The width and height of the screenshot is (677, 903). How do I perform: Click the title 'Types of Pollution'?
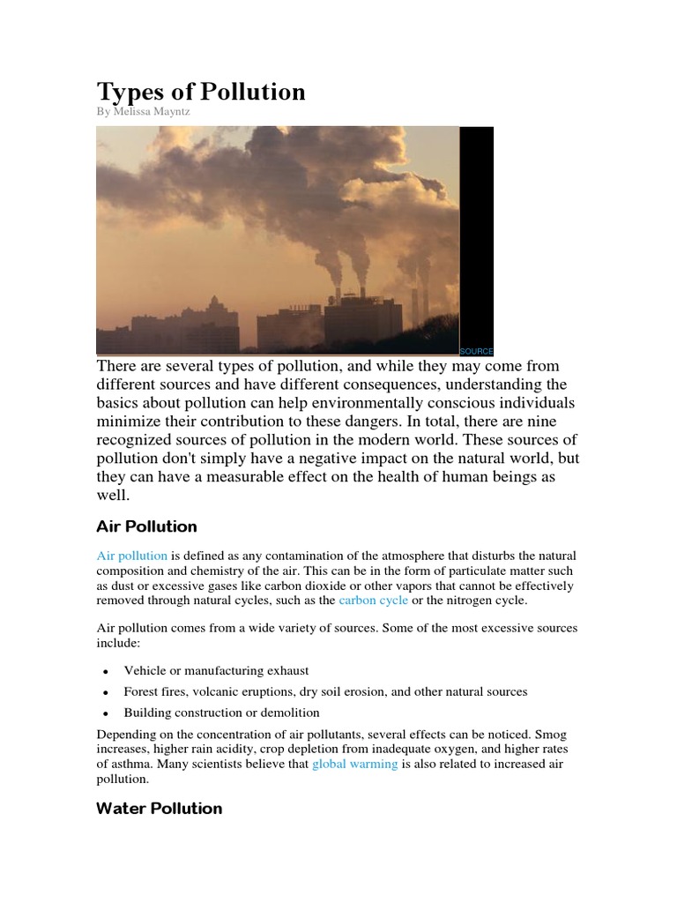200,92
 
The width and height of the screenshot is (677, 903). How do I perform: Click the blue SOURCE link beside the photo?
476,351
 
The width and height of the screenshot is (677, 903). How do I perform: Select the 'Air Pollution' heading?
146,526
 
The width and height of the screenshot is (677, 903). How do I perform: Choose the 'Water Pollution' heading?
159,808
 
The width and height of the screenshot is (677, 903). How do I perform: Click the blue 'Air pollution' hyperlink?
131,556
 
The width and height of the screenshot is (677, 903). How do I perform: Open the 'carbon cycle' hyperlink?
374,601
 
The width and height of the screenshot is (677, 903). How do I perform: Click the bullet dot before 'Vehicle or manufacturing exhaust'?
105,672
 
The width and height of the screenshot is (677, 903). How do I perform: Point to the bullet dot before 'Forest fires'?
105,693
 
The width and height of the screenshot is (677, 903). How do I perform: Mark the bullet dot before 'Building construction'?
105,713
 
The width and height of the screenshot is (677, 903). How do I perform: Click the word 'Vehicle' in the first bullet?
145,671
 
